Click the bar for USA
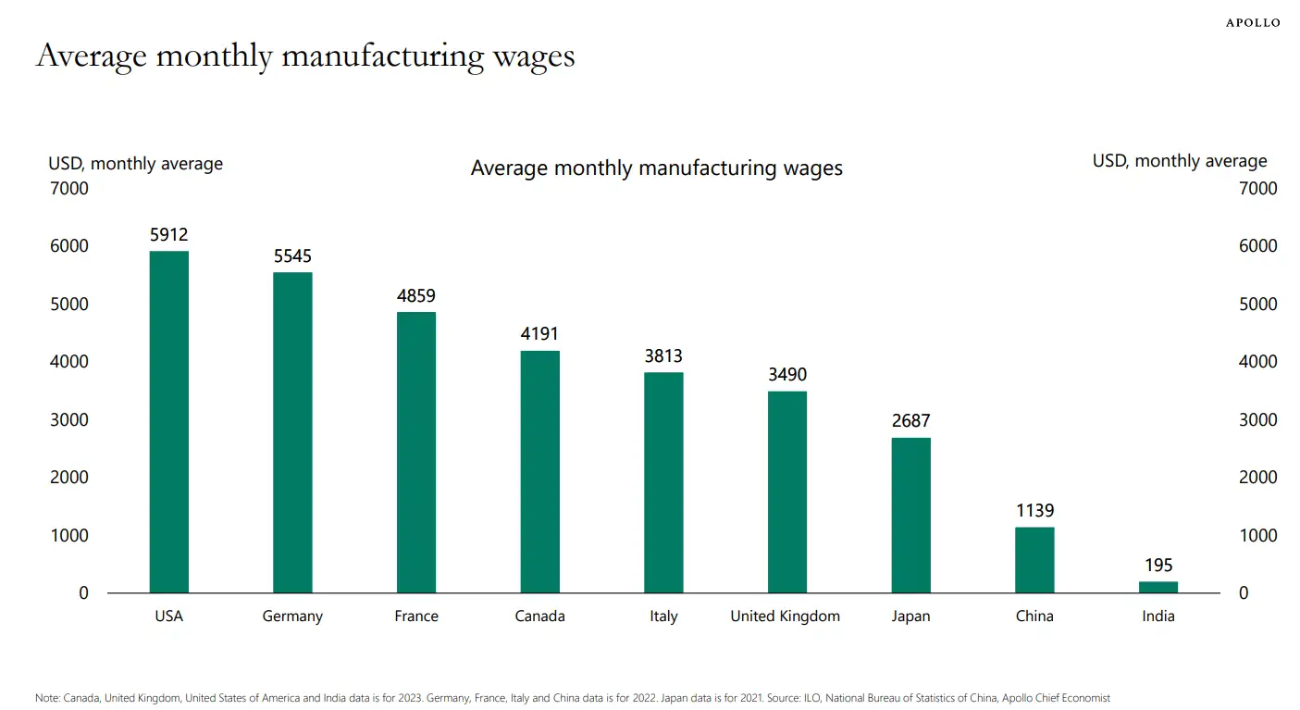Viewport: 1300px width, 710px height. click(169, 421)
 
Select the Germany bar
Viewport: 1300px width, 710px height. click(292, 432)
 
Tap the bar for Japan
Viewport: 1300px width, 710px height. click(910, 515)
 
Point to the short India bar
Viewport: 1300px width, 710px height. click(1158, 587)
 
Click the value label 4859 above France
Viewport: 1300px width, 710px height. click(416, 296)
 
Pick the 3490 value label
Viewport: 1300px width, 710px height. click(787, 375)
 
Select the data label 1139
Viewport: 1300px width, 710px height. click(1034, 511)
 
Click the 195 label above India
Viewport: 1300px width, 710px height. click(1158, 566)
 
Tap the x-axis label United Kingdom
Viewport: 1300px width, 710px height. click(786, 617)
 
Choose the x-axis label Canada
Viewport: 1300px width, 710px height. click(539, 617)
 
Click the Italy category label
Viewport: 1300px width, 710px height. click(663, 617)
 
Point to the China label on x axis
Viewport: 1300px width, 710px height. click(1034, 617)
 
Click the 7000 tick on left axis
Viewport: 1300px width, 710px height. click(69, 189)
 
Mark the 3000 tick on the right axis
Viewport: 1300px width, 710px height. click(1257, 420)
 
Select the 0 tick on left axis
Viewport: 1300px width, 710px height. click(83, 593)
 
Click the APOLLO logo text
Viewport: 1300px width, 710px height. click(1253, 22)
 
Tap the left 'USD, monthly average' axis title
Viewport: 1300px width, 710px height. click(136, 164)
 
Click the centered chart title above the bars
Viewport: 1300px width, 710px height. click(656, 168)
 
